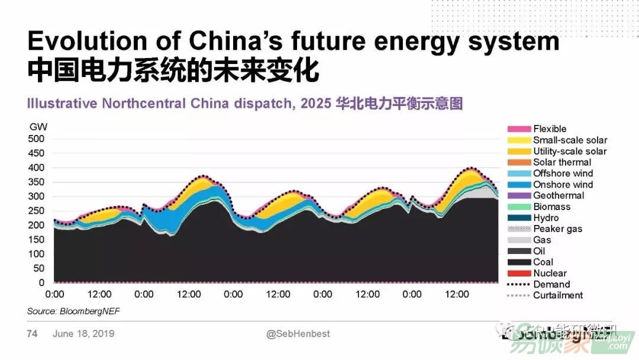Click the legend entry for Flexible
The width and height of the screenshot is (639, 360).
(550, 129)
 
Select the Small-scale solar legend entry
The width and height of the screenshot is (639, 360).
(570, 140)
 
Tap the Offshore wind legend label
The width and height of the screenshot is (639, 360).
(563, 173)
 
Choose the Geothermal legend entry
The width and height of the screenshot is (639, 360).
(559, 195)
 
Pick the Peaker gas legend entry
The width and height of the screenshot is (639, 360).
(557, 229)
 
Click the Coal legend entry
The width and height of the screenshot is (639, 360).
(543, 262)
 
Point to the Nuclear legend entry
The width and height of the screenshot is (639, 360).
(550, 274)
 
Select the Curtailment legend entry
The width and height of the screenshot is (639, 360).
(558, 295)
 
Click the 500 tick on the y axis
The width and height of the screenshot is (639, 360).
(37, 139)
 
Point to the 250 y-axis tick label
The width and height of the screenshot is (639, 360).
(37, 211)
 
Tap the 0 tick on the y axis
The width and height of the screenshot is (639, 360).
(41, 283)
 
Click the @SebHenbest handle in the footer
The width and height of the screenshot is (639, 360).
(298, 334)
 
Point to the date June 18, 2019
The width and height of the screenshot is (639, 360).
(83, 334)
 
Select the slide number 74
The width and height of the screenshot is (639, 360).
(32, 334)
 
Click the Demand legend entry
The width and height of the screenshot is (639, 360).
(551, 284)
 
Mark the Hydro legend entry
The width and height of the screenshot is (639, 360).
(546, 218)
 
